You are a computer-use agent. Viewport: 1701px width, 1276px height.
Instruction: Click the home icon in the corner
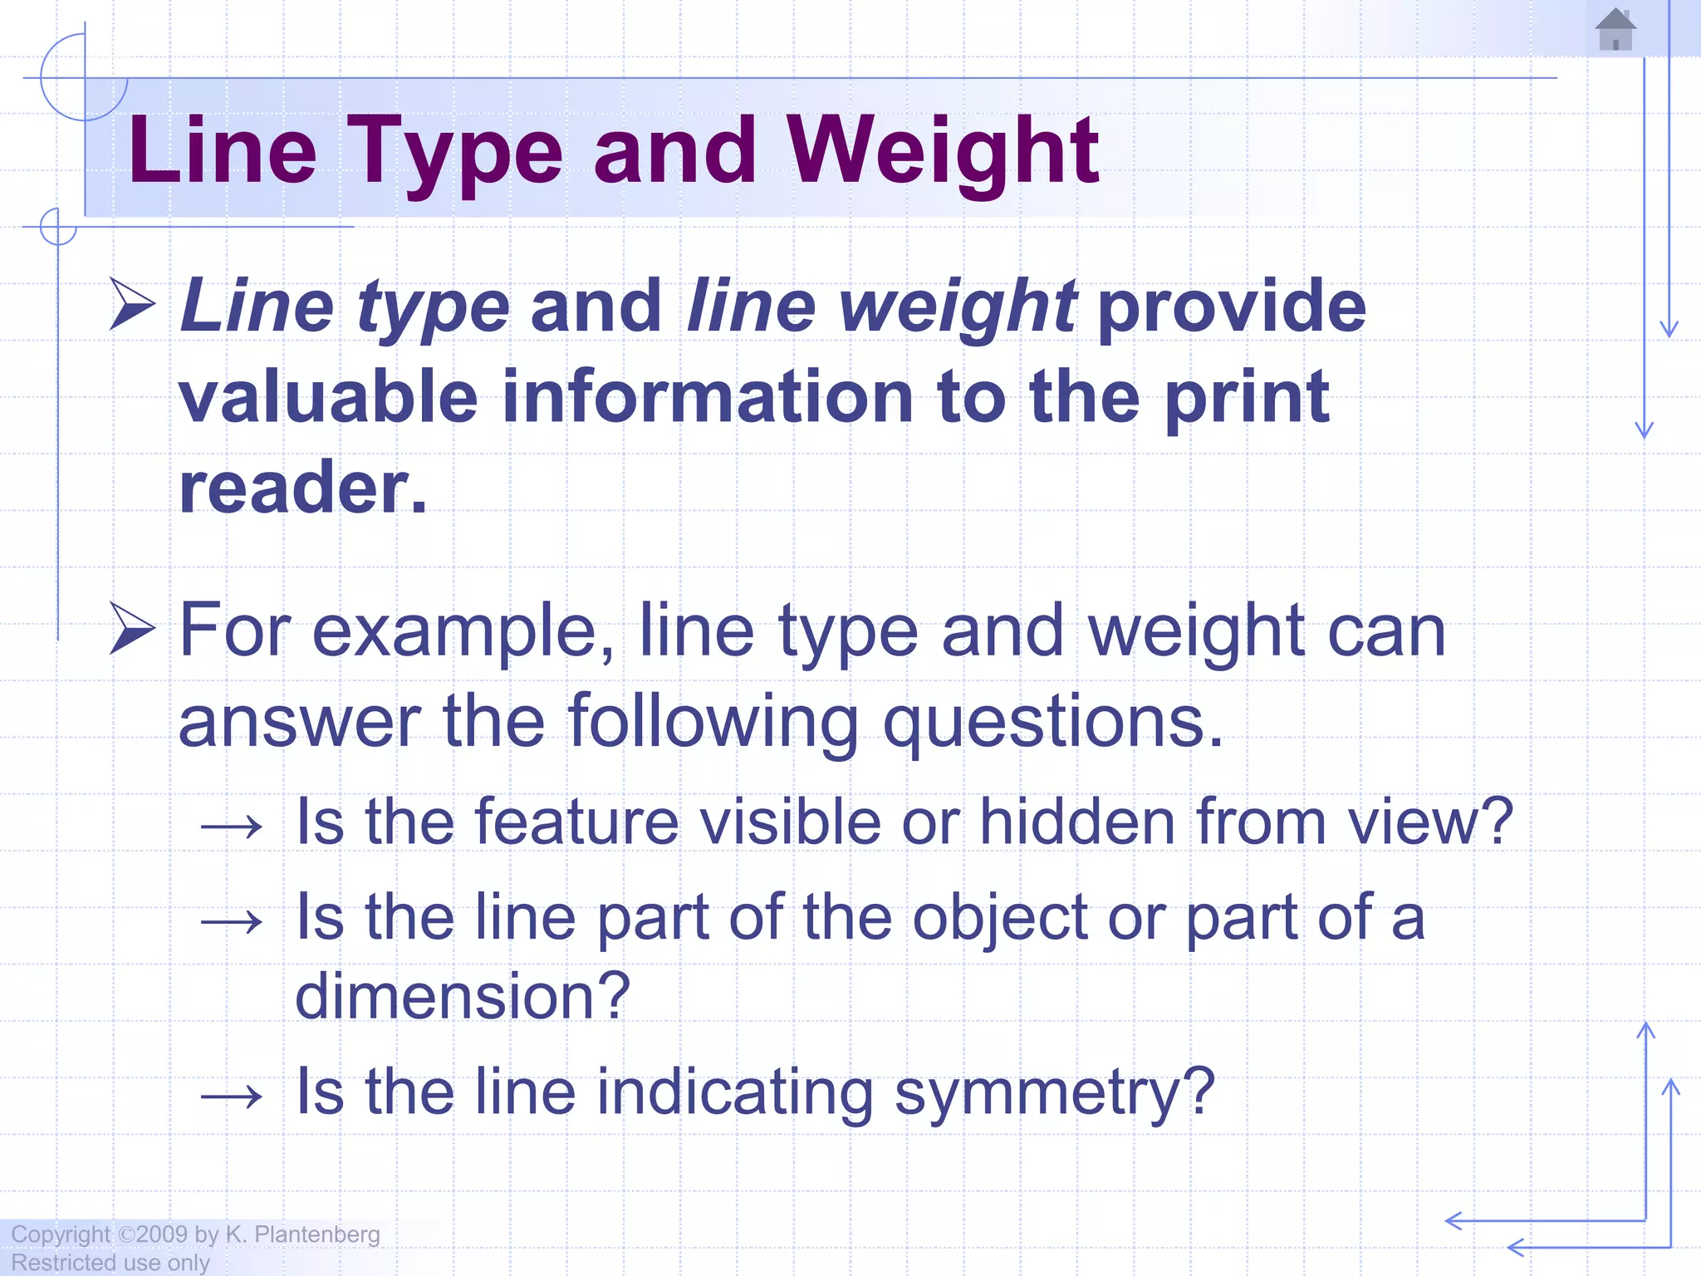point(1615,30)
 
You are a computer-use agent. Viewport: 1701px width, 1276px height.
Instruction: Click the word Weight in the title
point(943,151)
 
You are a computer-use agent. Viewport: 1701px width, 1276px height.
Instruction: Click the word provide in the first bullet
point(1232,307)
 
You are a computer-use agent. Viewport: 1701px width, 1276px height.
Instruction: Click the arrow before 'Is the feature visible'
point(232,827)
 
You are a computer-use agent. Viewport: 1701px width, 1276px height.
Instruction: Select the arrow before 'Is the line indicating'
point(232,1097)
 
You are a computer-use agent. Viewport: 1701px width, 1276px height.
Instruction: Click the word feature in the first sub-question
point(577,822)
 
